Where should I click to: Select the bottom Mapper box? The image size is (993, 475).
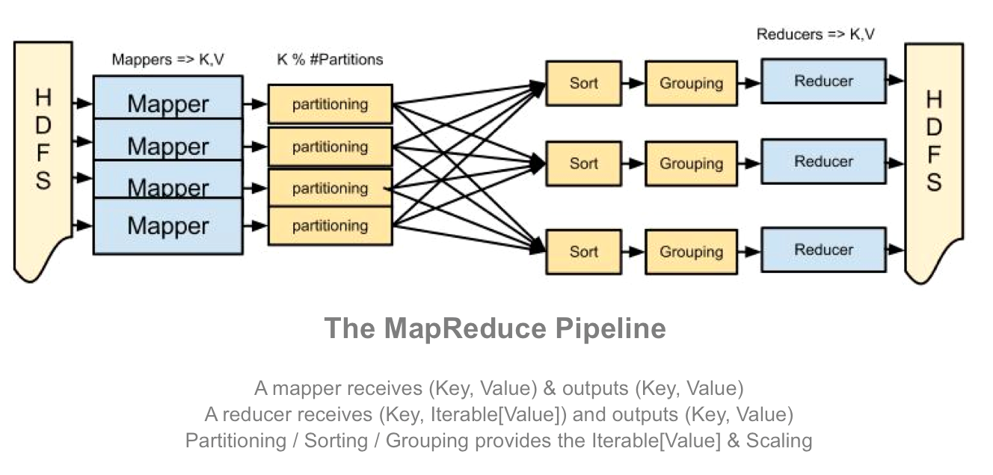point(167,226)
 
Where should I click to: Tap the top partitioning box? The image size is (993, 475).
point(330,105)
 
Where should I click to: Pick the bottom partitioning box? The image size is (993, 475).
point(330,226)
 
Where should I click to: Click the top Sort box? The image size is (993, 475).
point(583,83)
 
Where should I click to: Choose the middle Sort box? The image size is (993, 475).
point(583,163)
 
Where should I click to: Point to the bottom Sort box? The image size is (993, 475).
point(583,252)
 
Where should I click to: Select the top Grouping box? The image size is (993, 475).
point(691,83)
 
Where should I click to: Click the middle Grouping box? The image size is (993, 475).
point(691,163)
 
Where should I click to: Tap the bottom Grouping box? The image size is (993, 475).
point(691,252)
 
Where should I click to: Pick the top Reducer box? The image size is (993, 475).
point(823,81)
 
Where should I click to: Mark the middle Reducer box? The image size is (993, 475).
point(823,162)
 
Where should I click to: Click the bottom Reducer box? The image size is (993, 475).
point(823,250)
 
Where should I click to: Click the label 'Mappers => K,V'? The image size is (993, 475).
point(167,60)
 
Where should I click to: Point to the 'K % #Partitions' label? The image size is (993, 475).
point(330,60)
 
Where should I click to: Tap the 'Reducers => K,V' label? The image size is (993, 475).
point(815,34)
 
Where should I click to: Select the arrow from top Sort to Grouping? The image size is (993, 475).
point(633,83)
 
